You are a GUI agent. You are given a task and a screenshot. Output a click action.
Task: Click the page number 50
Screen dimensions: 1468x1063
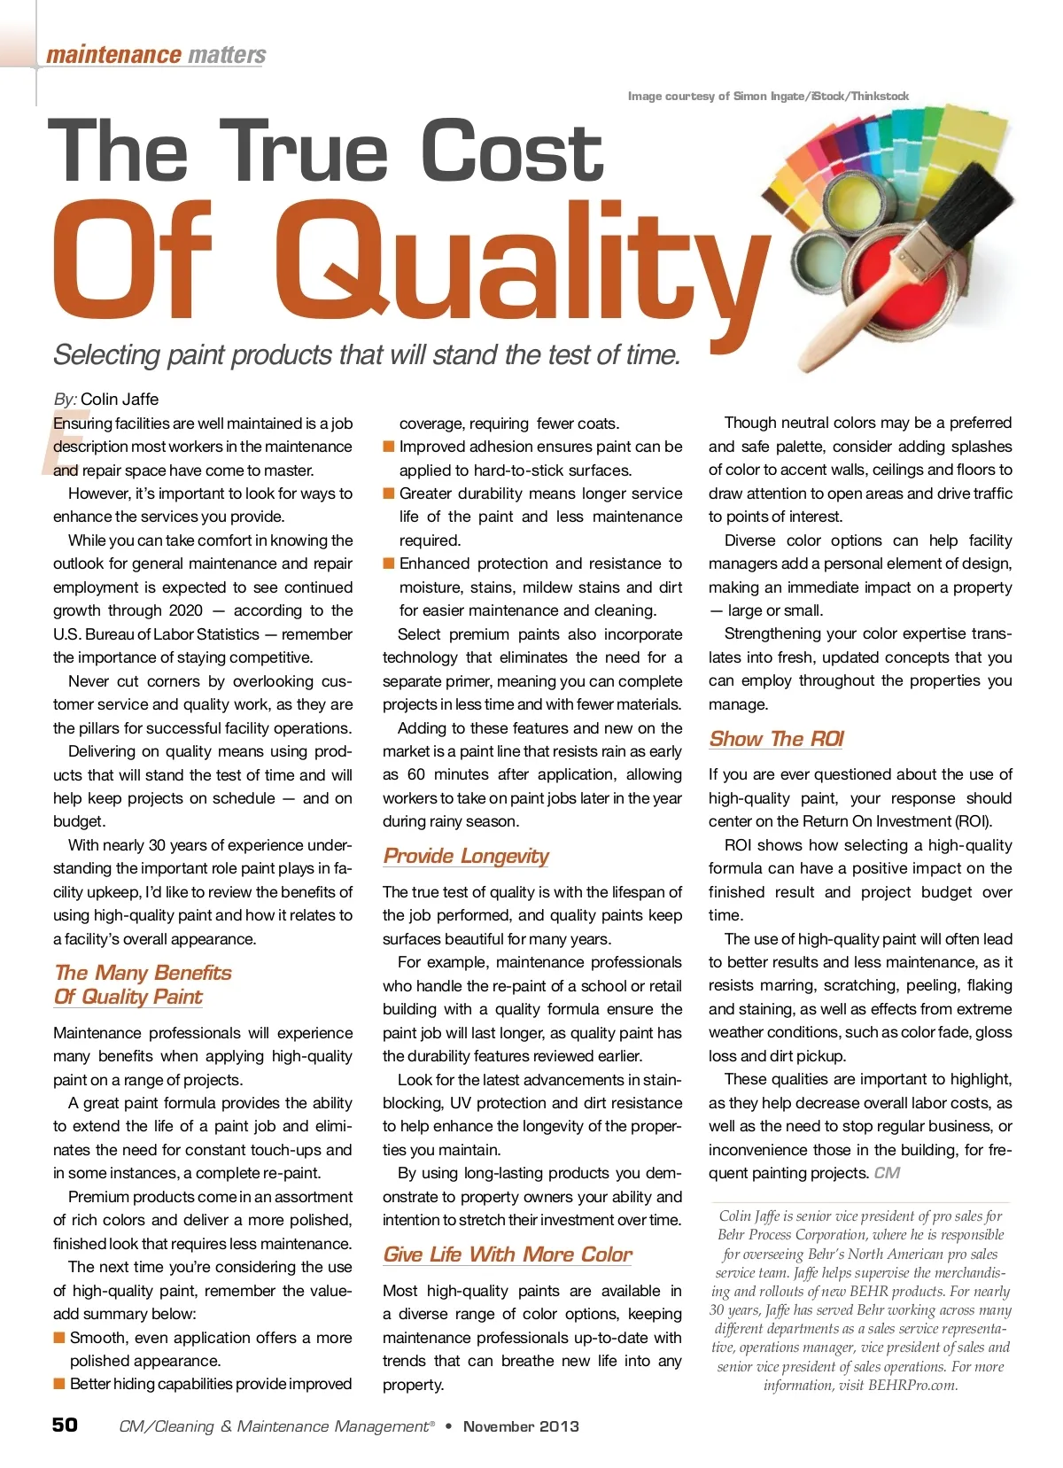65,1425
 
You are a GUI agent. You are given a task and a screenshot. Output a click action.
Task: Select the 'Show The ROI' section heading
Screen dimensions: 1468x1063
776,739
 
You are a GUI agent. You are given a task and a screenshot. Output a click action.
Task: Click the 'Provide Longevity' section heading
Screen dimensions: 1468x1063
466,856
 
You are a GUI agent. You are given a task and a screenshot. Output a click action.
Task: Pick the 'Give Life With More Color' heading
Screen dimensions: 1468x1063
508,1254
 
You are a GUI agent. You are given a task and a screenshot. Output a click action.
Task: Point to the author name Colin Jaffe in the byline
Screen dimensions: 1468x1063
120,399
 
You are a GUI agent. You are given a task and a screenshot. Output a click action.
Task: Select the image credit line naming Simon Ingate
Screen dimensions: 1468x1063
768,96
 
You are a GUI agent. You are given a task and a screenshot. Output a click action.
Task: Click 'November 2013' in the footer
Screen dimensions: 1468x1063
521,1426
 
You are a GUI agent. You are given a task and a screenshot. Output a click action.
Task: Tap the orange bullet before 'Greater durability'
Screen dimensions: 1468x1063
388,493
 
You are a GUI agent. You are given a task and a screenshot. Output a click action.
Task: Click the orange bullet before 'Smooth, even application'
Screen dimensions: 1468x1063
59,1337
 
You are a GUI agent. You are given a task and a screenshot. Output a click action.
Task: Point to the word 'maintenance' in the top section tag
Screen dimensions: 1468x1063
113,55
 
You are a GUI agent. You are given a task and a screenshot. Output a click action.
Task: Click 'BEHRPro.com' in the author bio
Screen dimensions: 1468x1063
912,1386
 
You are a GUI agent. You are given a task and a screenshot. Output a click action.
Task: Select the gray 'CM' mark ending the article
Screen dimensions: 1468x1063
887,1173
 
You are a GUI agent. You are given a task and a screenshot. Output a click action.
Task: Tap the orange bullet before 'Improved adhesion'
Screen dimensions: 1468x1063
388,447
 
